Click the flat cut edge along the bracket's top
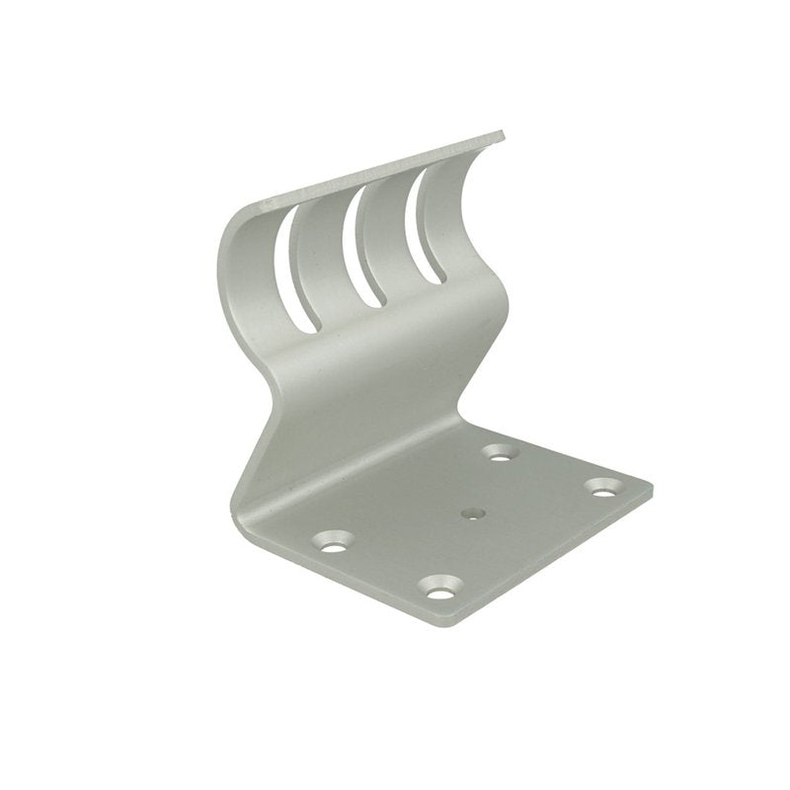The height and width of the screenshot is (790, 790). pyautogui.click(x=385, y=170)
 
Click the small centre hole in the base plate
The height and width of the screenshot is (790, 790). pyautogui.click(x=470, y=513)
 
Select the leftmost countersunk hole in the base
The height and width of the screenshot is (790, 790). pyautogui.click(x=333, y=541)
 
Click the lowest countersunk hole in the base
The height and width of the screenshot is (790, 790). pyautogui.click(x=435, y=591)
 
